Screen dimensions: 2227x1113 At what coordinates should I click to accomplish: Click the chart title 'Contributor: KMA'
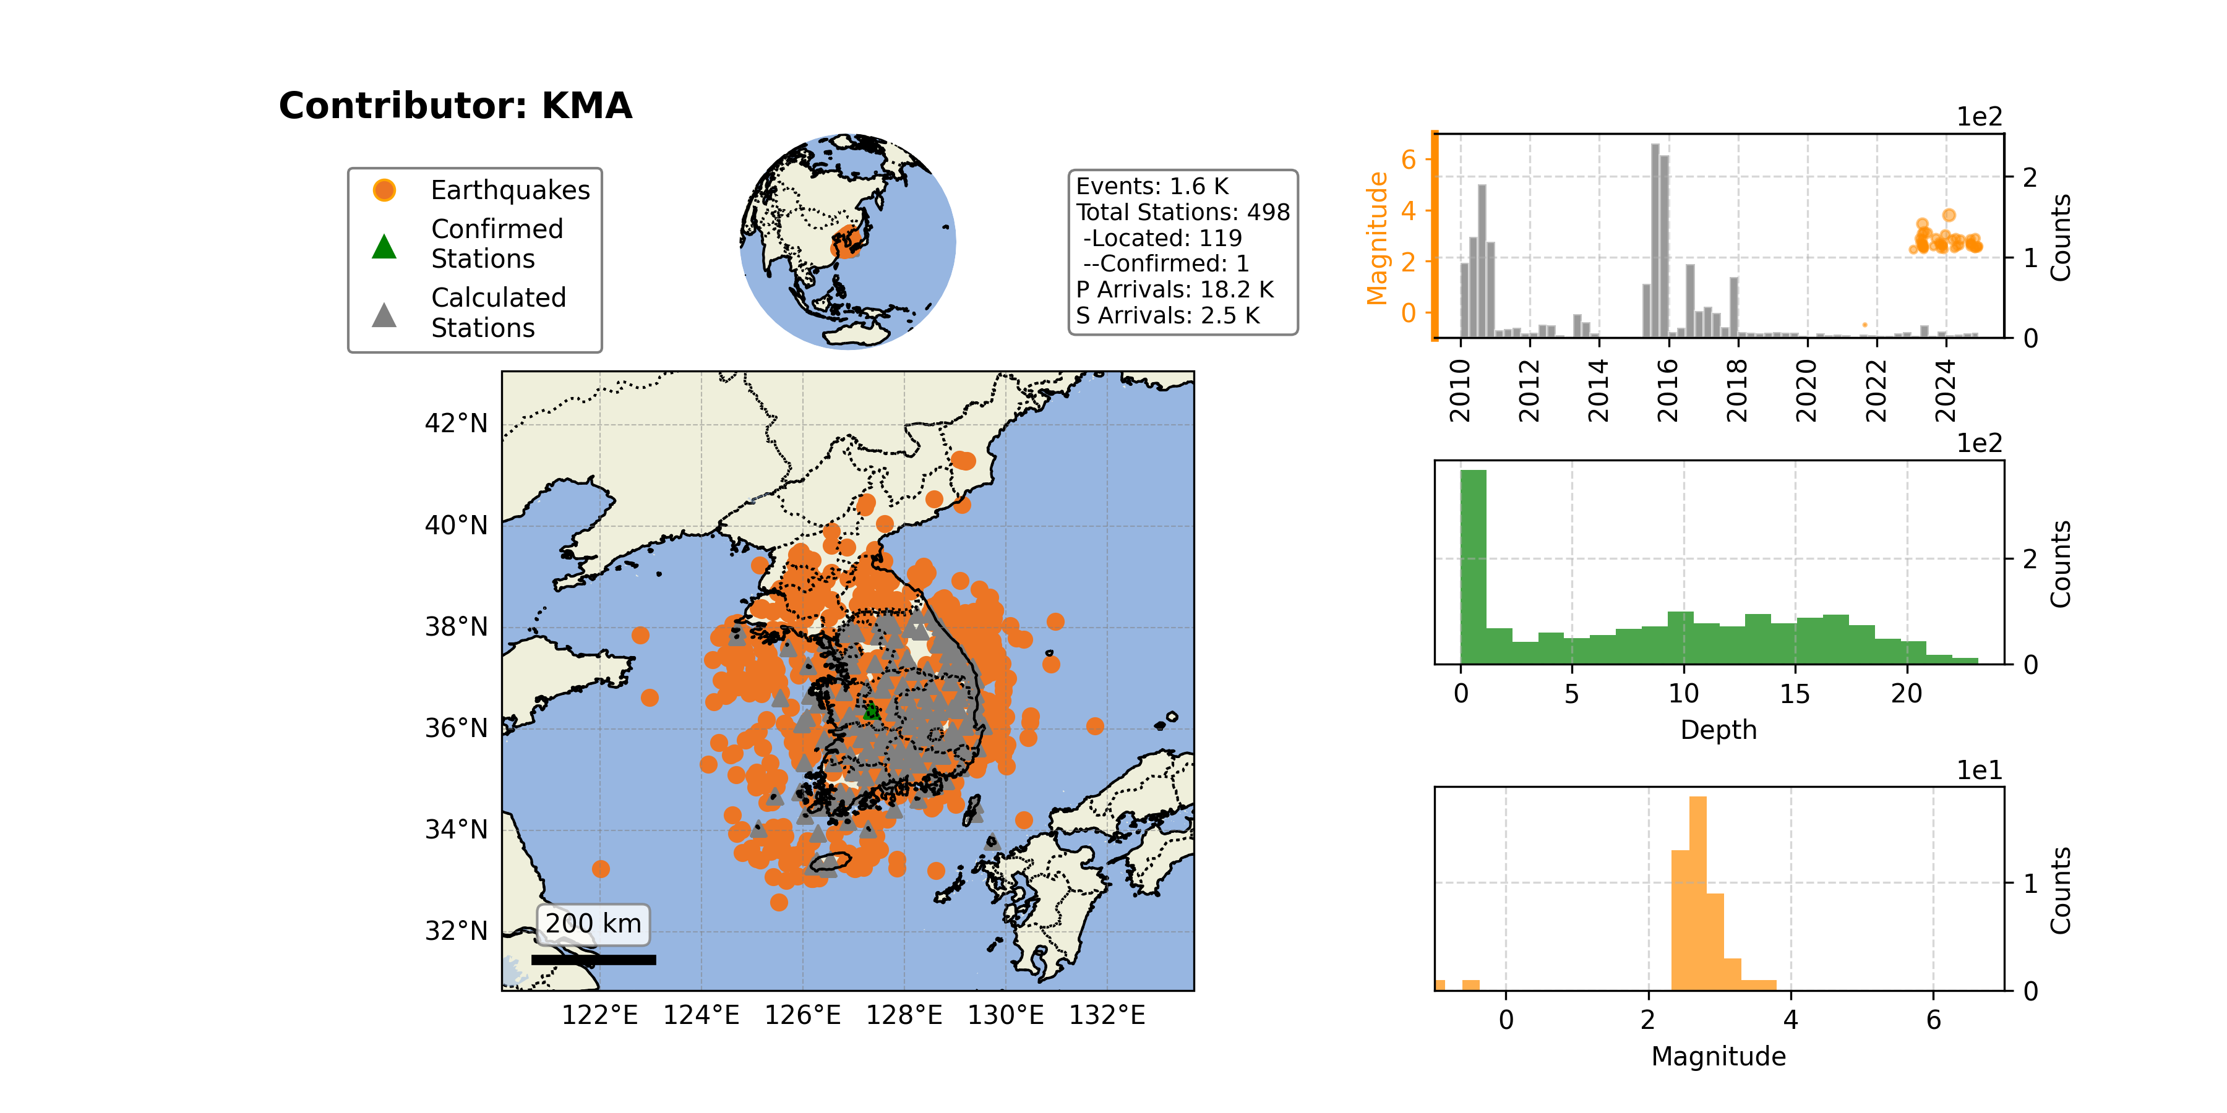click(x=455, y=105)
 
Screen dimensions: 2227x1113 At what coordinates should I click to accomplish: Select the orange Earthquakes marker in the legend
click(x=384, y=190)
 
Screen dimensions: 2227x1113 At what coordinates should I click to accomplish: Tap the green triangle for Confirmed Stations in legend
click(x=384, y=246)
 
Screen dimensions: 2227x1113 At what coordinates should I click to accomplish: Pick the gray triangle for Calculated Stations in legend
click(x=384, y=315)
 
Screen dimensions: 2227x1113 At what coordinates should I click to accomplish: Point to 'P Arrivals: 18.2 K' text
click(x=1175, y=289)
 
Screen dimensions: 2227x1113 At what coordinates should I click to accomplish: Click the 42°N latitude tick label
click(x=455, y=424)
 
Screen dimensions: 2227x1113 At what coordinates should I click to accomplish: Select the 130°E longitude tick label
click(x=1005, y=1015)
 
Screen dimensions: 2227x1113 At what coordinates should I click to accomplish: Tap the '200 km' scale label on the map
click(x=593, y=923)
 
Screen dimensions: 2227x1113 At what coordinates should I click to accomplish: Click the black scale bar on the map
click(x=593, y=959)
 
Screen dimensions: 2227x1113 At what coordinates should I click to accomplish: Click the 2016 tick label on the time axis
click(x=1668, y=391)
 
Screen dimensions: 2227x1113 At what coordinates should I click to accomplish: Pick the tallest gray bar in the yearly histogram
click(x=1655, y=241)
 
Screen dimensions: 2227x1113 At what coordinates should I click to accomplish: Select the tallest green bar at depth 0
click(x=1473, y=567)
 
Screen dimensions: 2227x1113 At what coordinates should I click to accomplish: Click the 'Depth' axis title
click(x=1719, y=730)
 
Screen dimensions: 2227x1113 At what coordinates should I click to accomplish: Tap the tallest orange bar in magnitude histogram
click(x=1698, y=893)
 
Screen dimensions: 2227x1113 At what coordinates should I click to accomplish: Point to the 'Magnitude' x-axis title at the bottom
click(x=1719, y=1056)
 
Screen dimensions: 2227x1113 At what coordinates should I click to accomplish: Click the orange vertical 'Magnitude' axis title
click(x=1376, y=237)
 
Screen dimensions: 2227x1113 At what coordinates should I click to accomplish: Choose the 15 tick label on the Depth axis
click(x=1795, y=693)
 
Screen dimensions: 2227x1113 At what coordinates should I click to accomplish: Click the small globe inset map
click(x=848, y=242)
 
